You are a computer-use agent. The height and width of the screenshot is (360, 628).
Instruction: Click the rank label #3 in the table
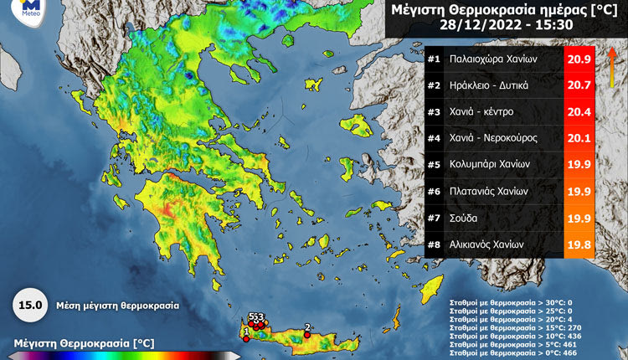[x=434, y=111]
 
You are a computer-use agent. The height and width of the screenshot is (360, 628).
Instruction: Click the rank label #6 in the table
[x=434, y=191]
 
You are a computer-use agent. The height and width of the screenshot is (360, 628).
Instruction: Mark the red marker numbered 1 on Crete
[x=245, y=339]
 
